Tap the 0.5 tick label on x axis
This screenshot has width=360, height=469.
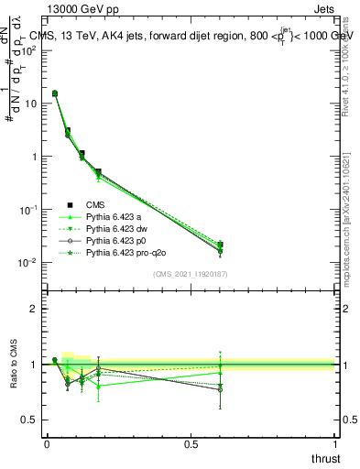click(191, 443)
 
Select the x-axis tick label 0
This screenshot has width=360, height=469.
click(46, 443)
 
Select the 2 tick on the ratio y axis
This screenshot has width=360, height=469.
click(34, 309)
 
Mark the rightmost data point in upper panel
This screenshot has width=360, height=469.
click(220, 245)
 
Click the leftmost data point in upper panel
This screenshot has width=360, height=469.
click(55, 93)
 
